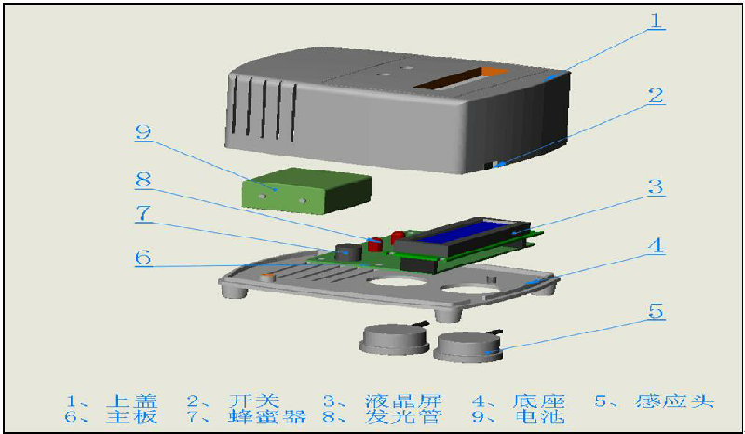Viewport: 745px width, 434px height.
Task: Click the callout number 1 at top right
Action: point(656,20)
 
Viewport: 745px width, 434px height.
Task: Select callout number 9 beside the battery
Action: point(143,131)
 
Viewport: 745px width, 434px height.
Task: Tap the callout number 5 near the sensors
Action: point(656,312)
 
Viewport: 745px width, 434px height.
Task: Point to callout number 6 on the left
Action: point(143,257)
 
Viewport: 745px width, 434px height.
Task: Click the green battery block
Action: point(306,190)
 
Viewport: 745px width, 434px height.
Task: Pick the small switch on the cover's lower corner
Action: point(492,165)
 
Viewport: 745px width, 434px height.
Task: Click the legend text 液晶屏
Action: point(403,401)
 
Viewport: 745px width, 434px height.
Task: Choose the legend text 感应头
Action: point(674,401)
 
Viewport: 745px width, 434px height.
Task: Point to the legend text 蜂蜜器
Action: point(266,416)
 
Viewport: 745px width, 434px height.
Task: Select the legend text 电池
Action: point(539,416)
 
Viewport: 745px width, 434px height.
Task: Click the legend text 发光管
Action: point(403,416)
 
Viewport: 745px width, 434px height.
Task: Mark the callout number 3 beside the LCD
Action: point(656,186)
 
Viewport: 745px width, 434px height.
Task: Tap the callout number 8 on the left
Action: point(143,179)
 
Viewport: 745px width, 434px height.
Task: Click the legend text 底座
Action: point(539,401)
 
